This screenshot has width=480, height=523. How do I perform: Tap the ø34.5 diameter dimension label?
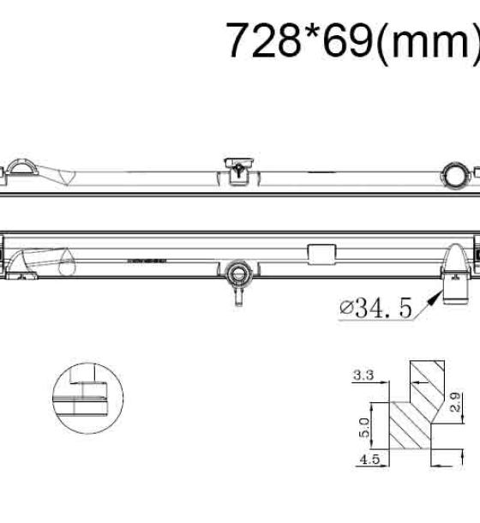pyautogui.click(x=375, y=308)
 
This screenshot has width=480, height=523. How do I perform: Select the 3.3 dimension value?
pyautogui.click(x=363, y=376)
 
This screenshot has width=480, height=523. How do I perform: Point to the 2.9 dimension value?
pyautogui.click(x=456, y=402)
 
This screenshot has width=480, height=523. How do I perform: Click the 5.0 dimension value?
pyautogui.click(x=364, y=428)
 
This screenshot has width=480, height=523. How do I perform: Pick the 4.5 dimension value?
pyautogui.click(x=369, y=460)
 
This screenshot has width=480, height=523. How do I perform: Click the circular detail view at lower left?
pyautogui.click(x=87, y=398)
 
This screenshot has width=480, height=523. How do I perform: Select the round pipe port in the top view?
pyautogui.click(x=453, y=175)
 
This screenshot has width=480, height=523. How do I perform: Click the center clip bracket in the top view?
pyautogui.click(x=239, y=171)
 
